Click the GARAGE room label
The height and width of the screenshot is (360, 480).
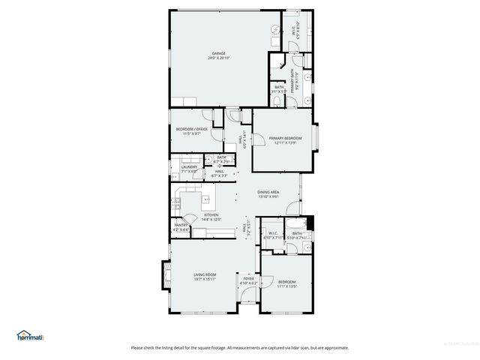point(218,53)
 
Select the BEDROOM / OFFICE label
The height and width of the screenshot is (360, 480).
point(192,129)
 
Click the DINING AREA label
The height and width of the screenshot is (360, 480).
point(268,192)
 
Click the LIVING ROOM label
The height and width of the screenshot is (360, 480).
point(205,274)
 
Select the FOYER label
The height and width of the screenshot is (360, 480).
point(248,278)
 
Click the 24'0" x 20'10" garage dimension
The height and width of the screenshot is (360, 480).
point(218,58)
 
